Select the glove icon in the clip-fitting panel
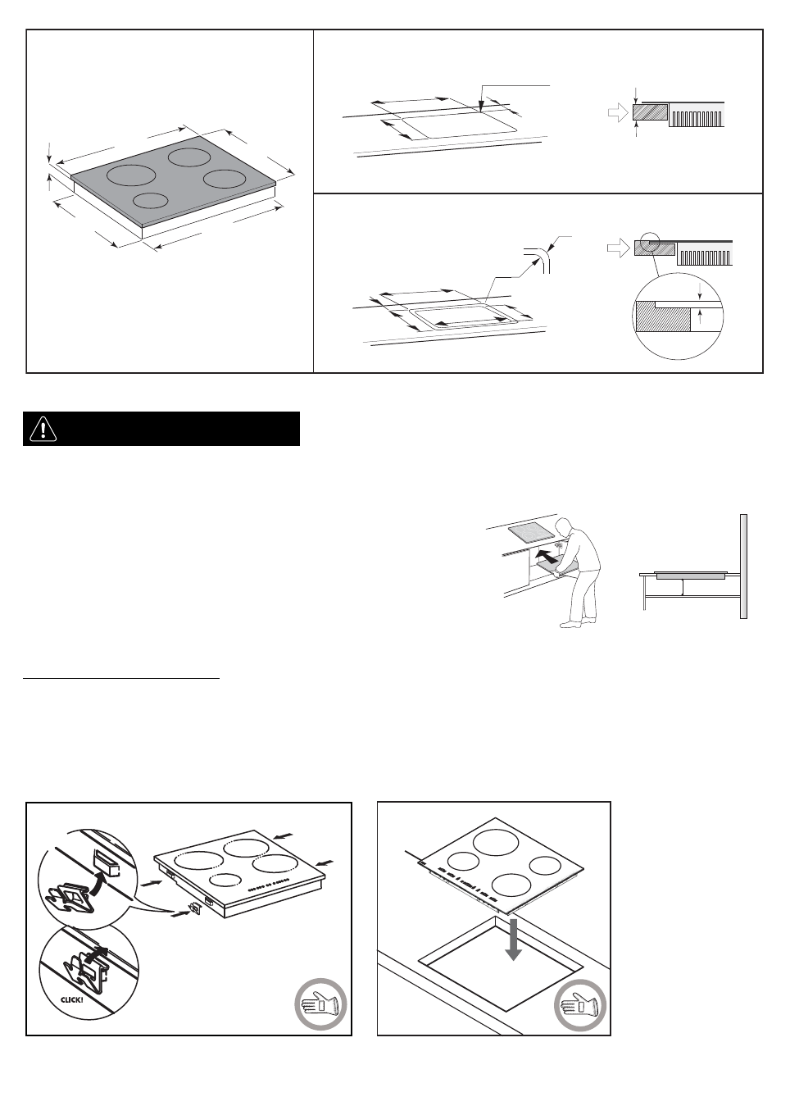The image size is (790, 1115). pyautogui.click(x=320, y=1004)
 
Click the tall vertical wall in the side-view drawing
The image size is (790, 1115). pyautogui.click(x=744, y=566)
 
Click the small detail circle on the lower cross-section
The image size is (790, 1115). pyautogui.click(x=653, y=243)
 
